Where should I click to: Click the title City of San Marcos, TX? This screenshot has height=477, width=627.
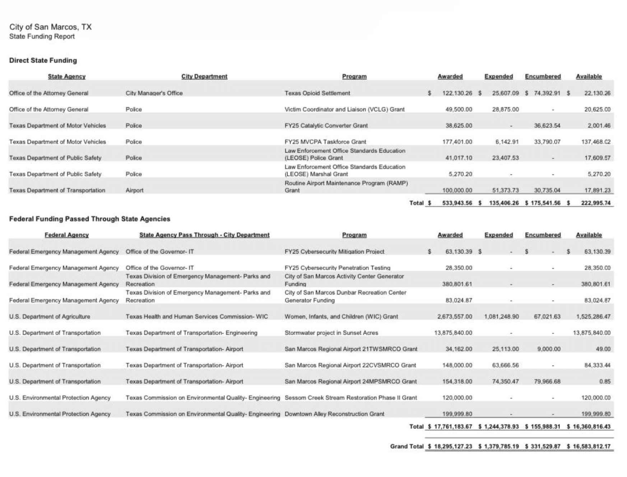tap(50, 27)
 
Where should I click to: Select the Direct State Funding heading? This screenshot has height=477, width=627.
tap(43, 60)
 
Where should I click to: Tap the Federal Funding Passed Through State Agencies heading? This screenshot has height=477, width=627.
tap(90, 219)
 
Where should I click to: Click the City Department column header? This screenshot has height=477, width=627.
tap(204, 77)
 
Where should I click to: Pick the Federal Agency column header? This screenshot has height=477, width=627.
tap(66, 235)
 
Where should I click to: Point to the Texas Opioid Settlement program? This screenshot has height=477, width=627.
tap(317, 93)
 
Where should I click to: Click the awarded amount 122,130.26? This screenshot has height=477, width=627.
tap(457, 93)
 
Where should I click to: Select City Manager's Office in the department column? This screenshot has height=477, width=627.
tap(154, 93)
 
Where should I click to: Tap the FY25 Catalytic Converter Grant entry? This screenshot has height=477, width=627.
tap(326, 125)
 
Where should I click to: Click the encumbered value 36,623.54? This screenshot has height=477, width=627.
tap(547, 125)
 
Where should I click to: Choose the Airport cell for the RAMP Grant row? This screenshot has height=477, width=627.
tap(134, 190)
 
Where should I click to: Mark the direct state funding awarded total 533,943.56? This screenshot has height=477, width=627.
tap(457, 203)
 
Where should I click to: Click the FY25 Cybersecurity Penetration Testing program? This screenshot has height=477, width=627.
tap(337, 268)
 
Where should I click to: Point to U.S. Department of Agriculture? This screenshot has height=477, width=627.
tap(50, 316)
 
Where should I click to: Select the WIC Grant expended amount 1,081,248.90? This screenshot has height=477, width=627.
tap(501, 316)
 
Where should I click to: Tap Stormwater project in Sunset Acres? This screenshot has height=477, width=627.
tap(331, 333)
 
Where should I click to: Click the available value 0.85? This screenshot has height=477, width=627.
tap(605, 381)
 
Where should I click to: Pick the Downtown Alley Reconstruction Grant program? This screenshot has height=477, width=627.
tap(334, 414)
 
